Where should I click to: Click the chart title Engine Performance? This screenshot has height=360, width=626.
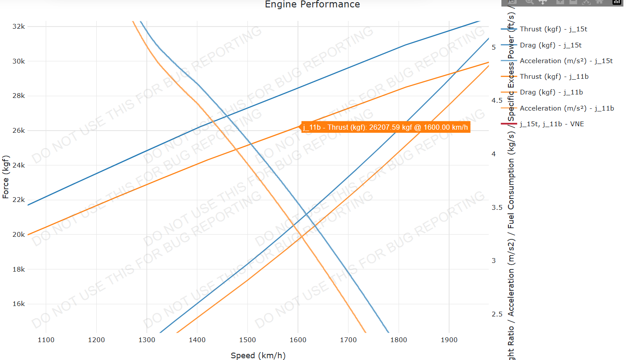(x=312, y=5)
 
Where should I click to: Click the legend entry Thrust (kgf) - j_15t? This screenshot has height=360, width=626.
(x=550, y=29)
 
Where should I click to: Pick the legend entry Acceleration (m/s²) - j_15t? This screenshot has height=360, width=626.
(x=566, y=61)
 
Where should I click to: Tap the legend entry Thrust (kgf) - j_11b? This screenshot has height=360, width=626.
(x=551, y=77)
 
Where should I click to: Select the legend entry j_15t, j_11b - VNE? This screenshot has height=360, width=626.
(x=552, y=124)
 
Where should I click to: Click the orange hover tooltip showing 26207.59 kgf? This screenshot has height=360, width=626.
(x=386, y=127)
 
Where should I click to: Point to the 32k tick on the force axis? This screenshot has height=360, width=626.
(x=19, y=27)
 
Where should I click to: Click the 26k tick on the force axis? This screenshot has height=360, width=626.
(x=19, y=131)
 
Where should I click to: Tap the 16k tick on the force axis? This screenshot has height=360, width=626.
(x=19, y=304)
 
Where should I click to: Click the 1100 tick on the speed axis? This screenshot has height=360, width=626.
(x=46, y=340)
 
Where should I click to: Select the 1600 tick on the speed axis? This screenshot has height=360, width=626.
(x=298, y=340)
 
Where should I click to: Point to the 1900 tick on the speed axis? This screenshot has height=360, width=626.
(x=449, y=340)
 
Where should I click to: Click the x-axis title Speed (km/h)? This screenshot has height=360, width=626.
(x=258, y=356)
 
